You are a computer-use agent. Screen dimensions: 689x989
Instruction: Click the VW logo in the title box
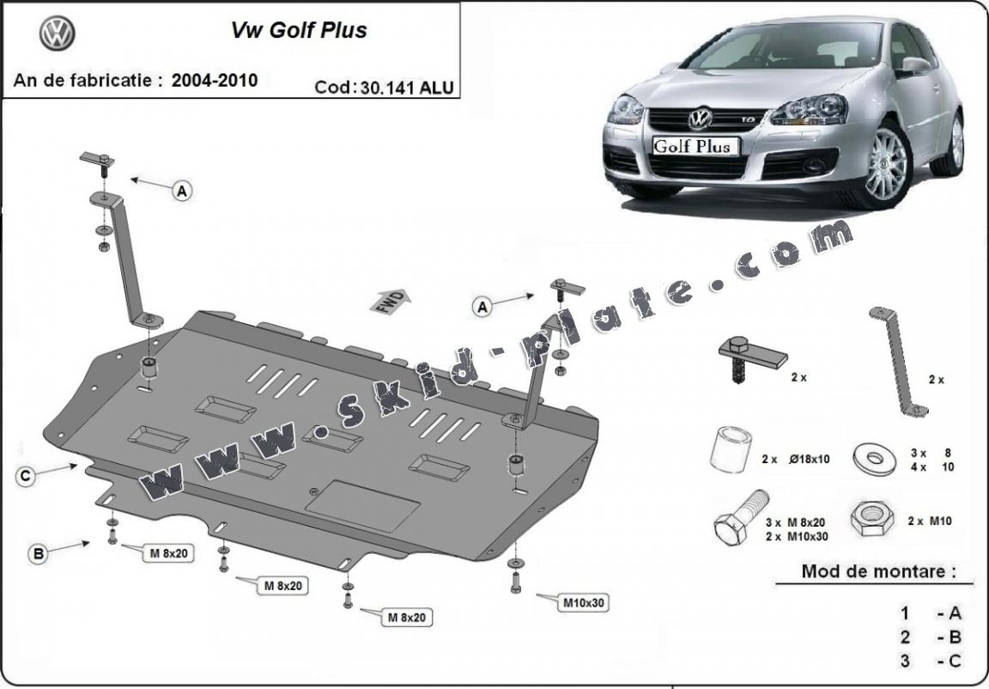[58, 34]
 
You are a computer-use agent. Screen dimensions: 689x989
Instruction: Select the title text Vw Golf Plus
[298, 30]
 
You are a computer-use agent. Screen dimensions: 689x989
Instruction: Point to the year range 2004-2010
[214, 81]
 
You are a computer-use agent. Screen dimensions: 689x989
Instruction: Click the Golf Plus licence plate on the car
[692, 145]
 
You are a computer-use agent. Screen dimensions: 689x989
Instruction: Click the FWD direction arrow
[391, 300]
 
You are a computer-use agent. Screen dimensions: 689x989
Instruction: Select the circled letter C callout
[27, 475]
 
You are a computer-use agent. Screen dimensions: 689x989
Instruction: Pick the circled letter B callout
[39, 554]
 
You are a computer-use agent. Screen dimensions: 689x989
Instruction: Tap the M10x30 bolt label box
[584, 603]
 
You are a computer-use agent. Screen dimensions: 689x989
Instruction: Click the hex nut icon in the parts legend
[871, 519]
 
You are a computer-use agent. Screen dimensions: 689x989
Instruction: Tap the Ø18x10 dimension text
[806, 460]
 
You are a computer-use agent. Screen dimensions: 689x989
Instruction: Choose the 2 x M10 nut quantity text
[929, 521]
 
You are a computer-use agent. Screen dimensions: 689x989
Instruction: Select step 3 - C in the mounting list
[931, 660]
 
